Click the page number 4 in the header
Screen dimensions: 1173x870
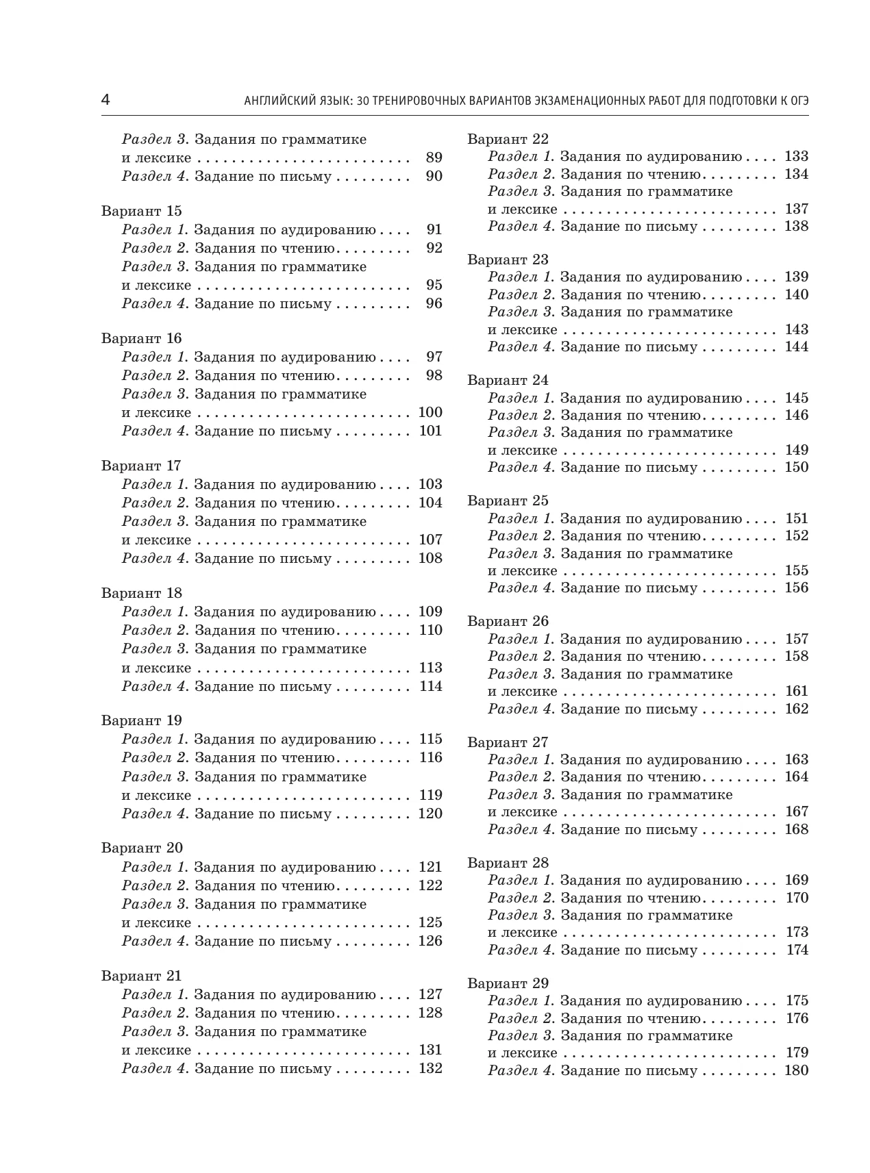(x=105, y=100)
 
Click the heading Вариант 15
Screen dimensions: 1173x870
(x=142, y=211)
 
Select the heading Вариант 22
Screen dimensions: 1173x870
(x=508, y=139)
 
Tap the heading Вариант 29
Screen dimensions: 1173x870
(x=508, y=983)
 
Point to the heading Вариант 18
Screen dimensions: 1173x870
(x=142, y=593)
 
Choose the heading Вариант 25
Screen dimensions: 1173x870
(x=508, y=501)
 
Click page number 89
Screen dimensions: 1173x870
(x=434, y=157)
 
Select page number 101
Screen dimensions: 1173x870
(x=430, y=431)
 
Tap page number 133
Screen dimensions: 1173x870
(x=796, y=156)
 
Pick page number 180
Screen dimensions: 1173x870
(x=796, y=1070)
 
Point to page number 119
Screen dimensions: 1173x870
(x=430, y=795)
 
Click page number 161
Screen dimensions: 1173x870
(x=797, y=691)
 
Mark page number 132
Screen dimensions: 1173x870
(x=430, y=1068)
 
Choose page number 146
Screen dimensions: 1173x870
(x=796, y=415)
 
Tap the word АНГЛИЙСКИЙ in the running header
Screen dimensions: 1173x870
(x=275, y=101)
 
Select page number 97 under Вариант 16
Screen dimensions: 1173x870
(x=434, y=357)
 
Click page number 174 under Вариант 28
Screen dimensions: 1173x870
(x=797, y=950)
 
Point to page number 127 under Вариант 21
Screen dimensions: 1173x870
(x=430, y=994)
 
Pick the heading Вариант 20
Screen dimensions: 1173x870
(x=142, y=848)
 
